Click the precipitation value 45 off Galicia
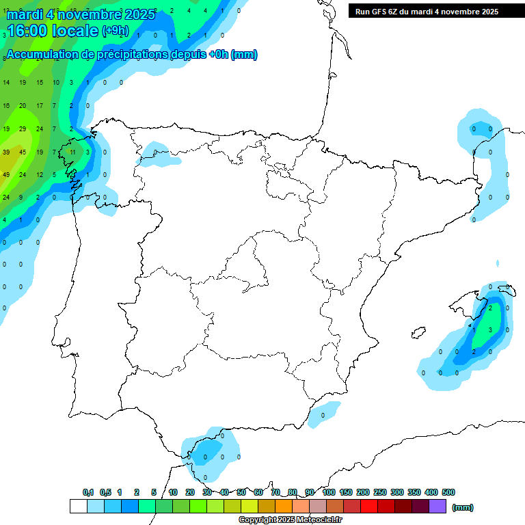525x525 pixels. (x=23, y=152)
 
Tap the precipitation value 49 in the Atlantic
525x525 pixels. (x=6, y=175)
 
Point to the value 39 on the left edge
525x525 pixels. (x=6, y=152)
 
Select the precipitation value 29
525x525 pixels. (x=23, y=129)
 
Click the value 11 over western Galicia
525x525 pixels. (x=72, y=152)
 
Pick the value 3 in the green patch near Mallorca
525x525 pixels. (x=491, y=330)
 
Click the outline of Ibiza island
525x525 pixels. (x=415, y=334)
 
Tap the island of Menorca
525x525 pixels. (x=507, y=288)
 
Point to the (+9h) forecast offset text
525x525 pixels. (x=115, y=31)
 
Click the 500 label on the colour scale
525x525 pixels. (x=448, y=492)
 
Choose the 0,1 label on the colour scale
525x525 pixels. (x=88, y=492)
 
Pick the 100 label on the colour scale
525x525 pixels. (x=328, y=492)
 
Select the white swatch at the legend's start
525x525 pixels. (x=78, y=507)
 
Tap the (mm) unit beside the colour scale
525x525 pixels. (x=463, y=507)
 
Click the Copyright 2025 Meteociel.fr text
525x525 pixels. (x=290, y=520)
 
